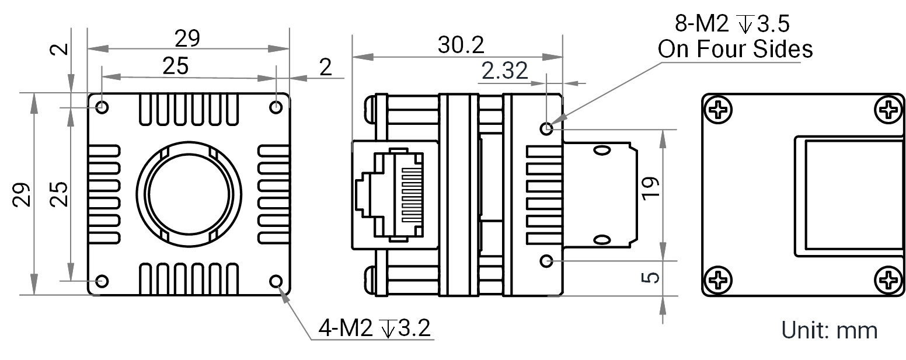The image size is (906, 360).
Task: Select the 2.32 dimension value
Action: point(505,71)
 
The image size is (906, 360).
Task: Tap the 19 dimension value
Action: point(651,188)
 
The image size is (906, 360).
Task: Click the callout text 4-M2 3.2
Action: point(375,328)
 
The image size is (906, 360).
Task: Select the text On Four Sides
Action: point(735,49)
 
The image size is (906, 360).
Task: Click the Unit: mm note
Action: point(829,330)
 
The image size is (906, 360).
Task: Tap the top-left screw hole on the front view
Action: point(102,107)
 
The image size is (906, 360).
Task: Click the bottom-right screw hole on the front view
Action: point(276,281)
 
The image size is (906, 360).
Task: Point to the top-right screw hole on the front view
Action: point(276,107)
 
